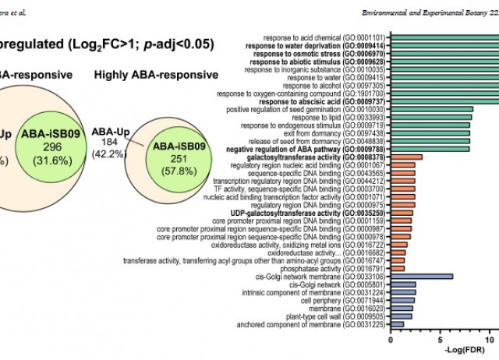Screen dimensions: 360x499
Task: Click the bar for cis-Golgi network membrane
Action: (x=421, y=276)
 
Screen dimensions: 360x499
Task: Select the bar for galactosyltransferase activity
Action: (x=406, y=157)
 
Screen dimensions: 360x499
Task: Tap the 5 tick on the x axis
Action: (x=441, y=340)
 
